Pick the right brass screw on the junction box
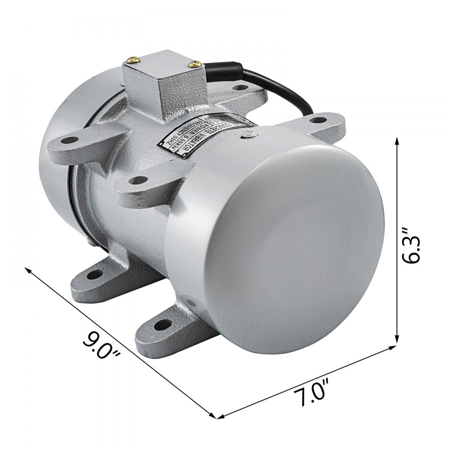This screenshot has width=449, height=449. [194, 65]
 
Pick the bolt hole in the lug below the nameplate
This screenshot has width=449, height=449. [138, 181]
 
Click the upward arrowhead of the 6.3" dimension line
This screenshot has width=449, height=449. [397, 141]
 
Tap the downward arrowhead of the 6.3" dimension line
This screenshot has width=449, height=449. [397, 340]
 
